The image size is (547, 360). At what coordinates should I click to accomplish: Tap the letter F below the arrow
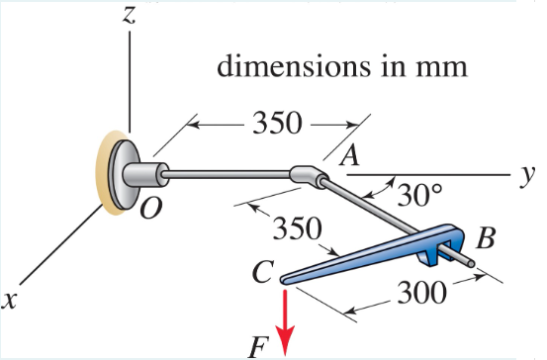[259, 347]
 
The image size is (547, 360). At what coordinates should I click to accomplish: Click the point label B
[486, 238]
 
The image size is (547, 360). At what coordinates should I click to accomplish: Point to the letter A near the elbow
[348, 155]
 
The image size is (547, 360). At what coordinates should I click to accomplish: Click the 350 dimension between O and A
[279, 124]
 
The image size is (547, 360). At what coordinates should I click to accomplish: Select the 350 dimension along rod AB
[295, 229]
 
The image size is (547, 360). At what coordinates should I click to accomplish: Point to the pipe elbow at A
[309, 175]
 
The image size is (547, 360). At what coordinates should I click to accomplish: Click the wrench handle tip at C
[284, 279]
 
